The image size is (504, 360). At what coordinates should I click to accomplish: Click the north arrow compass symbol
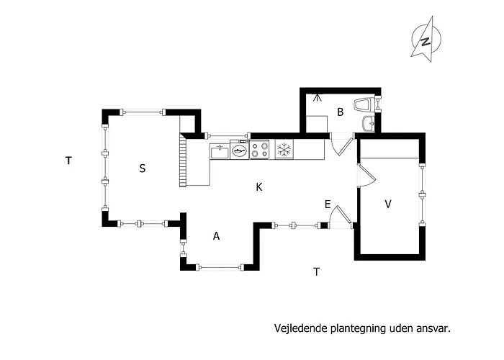pyautogui.click(x=426, y=39)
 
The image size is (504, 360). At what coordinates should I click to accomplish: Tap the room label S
pyautogui.click(x=143, y=168)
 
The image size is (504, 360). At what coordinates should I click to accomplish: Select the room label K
pyautogui.click(x=259, y=187)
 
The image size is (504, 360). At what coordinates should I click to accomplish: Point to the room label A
pyautogui.click(x=216, y=236)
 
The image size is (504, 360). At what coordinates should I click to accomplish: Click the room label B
pyautogui.click(x=340, y=112)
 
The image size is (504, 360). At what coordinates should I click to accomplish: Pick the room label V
pyautogui.click(x=388, y=204)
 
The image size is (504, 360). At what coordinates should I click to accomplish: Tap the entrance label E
pyautogui.click(x=328, y=204)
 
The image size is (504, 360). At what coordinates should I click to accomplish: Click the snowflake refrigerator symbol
pyautogui.click(x=284, y=150)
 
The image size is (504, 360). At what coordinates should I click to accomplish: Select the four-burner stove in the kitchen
pyautogui.click(x=259, y=150)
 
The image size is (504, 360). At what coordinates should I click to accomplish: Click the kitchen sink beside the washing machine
pyautogui.click(x=220, y=151)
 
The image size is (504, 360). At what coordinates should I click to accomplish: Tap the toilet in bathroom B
pyautogui.click(x=364, y=104)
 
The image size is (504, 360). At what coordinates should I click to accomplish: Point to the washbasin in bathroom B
pyautogui.click(x=369, y=123)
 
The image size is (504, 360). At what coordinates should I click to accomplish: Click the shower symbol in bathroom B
pyautogui.click(x=318, y=97)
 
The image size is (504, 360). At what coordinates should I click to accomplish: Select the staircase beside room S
pyautogui.click(x=183, y=160)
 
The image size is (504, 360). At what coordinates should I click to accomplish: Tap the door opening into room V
pyautogui.click(x=366, y=176)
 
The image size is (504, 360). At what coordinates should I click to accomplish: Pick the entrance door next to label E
pyautogui.click(x=341, y=216)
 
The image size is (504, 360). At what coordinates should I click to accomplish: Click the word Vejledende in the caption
pyautogui.click(x=301, y=328)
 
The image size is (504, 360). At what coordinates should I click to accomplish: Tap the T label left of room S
pyautogui.click(x=68, y=161)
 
